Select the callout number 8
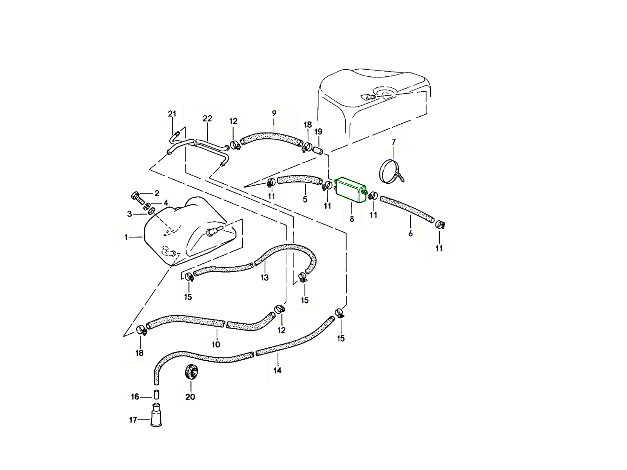pos(352,219)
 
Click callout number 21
pos(172,114)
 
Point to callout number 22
pos(207,118)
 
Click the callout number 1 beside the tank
pos(126,237)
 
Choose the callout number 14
pos(277,370)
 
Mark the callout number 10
pos(216,345)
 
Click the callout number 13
pos(265,278)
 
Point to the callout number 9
pos(274,113)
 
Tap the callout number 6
pos(410,234)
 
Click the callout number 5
pos(305,199)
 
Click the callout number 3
pos(130,214)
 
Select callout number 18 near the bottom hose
pos(140,353)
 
